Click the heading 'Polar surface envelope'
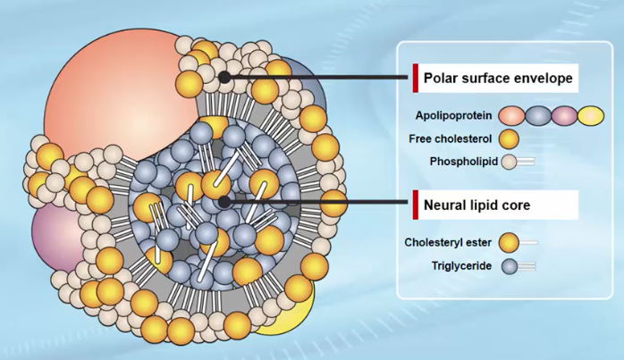click(498, 78)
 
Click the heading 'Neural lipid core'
click(476, 204)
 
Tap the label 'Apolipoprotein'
click(452, 115)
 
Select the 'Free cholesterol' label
click(453, 138)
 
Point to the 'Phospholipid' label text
click(459, 162)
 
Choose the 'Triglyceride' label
click(462, 264)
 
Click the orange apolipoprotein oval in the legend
click(512, 115)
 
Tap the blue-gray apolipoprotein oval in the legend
click(538, 115)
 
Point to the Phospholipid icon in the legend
click(516, 162)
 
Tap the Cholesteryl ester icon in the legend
click(516, 240)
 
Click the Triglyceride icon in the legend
click(516, 264)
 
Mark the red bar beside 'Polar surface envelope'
click(416, 78)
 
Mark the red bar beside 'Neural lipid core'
click(416, 205)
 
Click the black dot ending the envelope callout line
click(226, 78)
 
